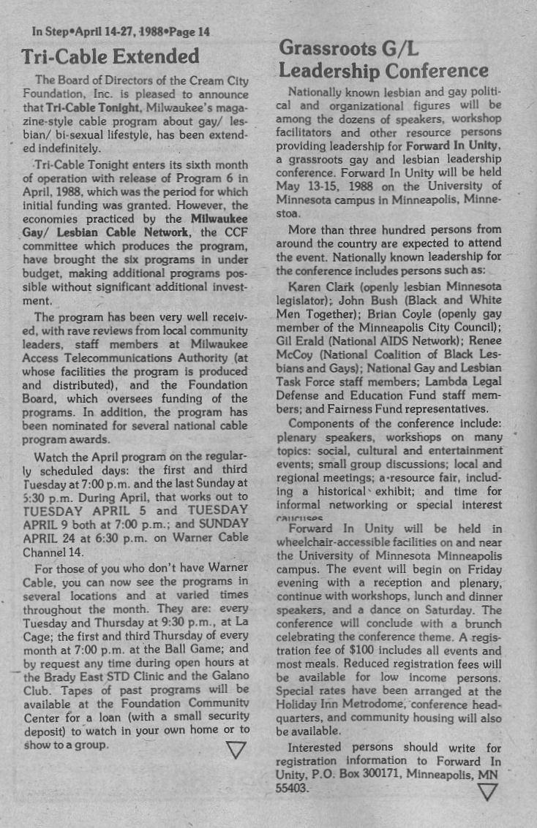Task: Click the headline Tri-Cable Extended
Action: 110,56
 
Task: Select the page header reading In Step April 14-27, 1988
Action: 121,31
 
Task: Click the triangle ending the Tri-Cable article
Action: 236,750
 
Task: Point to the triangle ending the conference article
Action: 487,791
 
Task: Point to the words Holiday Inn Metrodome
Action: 336,704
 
